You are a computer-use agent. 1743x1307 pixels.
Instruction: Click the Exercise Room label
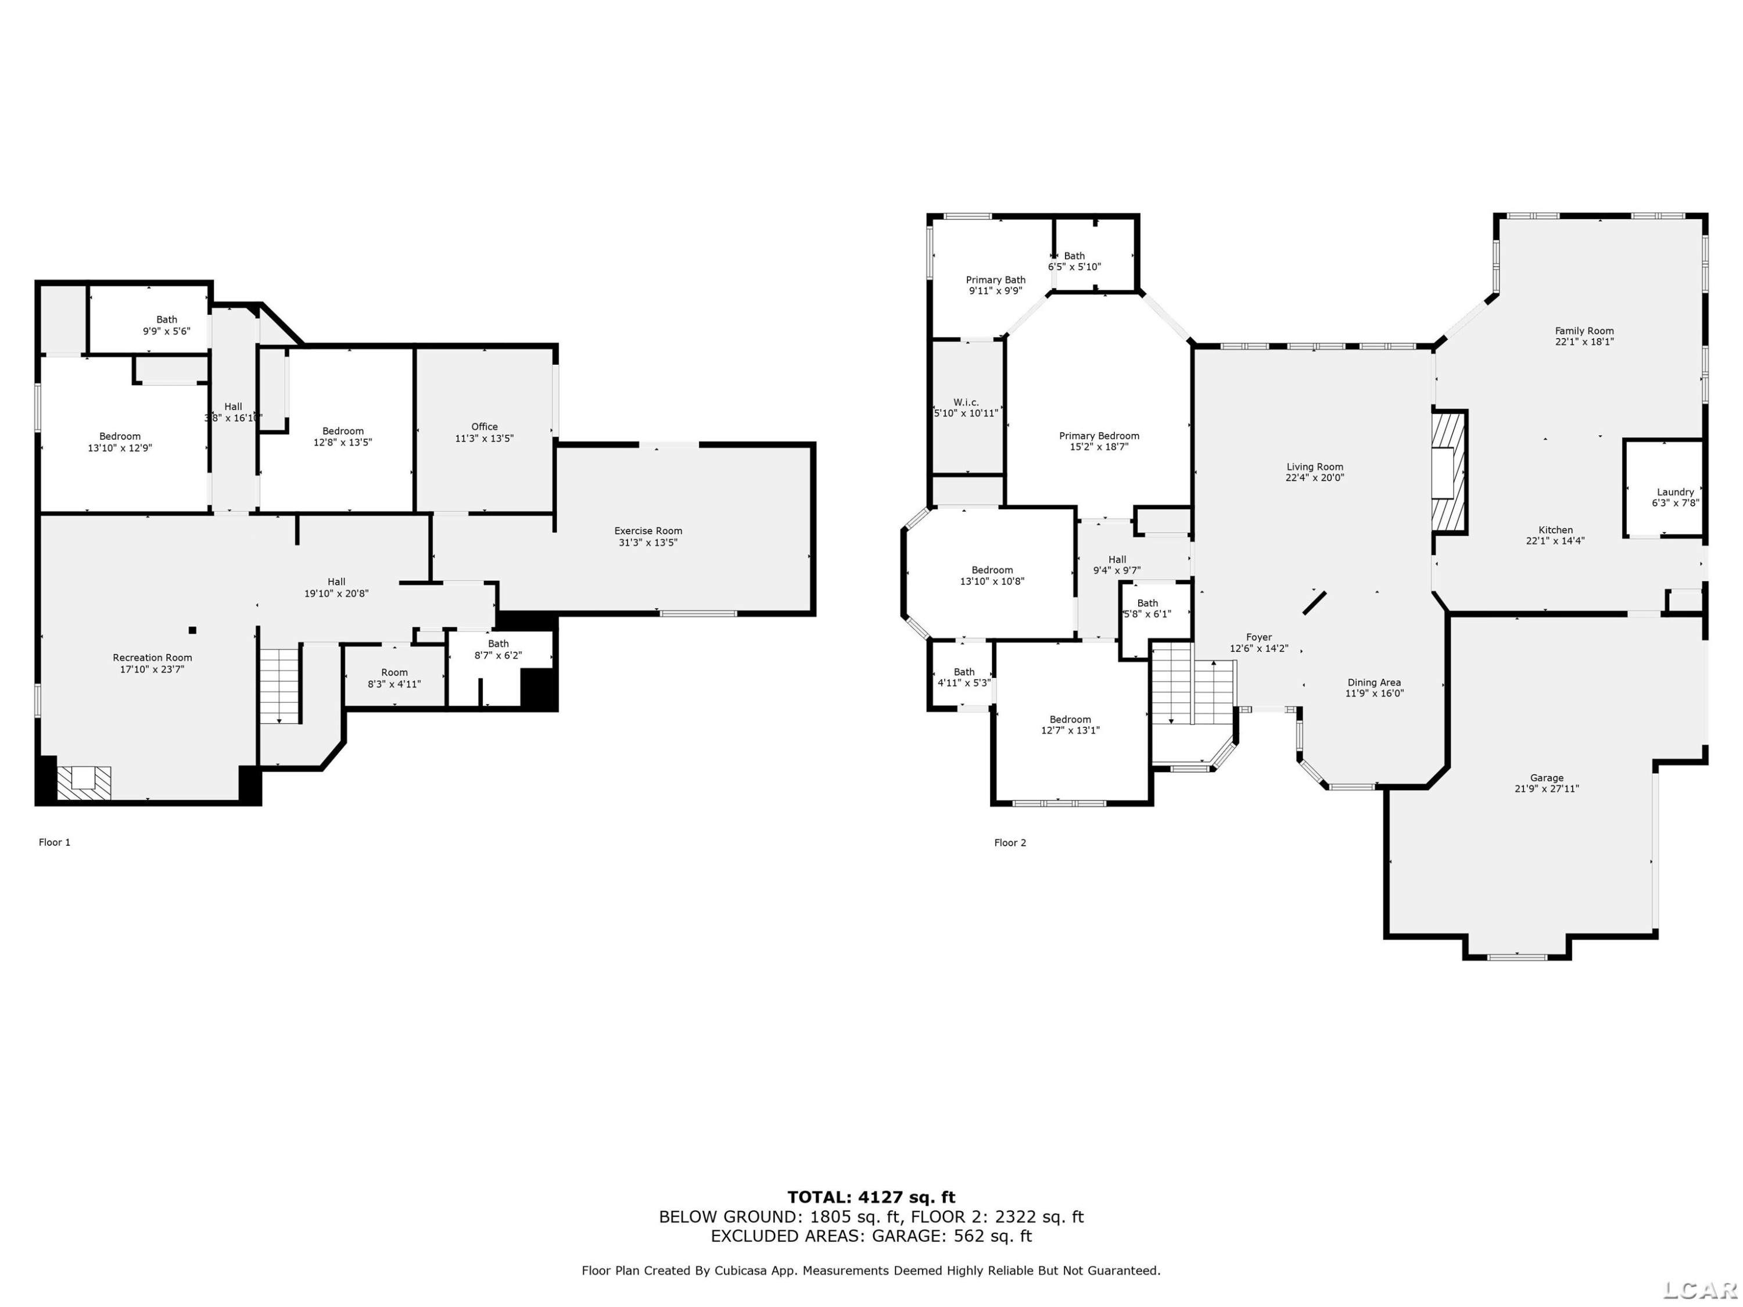648,531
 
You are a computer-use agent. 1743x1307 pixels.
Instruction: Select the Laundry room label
1675,491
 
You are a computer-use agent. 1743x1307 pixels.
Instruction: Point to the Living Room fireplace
1448,473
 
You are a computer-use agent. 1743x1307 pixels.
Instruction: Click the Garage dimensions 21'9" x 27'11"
1547,789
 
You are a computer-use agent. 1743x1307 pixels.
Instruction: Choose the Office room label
485,427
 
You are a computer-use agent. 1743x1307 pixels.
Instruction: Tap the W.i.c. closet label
966,403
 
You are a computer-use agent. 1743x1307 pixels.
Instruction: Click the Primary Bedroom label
1099,436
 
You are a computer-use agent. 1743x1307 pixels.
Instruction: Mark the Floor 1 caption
55,842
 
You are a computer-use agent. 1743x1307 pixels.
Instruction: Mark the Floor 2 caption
1010,842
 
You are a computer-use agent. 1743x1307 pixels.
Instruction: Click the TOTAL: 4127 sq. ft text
871,1197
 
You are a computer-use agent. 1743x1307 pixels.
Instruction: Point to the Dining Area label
1374,683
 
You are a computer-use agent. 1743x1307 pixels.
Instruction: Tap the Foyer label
1259,637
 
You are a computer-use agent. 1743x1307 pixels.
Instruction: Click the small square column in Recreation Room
192,630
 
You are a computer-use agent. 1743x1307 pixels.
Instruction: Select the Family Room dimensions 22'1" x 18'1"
1584,342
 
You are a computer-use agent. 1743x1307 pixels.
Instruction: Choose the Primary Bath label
996,279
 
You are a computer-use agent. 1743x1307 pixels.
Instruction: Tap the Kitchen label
1555,530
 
